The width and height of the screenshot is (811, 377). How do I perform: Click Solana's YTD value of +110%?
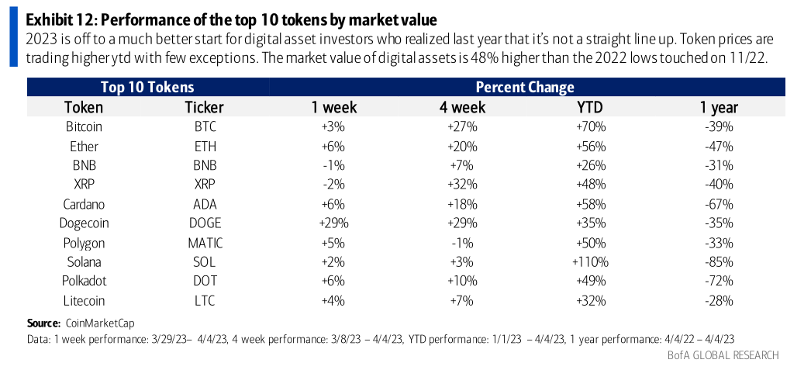coord(590,262)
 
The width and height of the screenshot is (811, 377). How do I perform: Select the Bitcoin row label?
coord(84,126)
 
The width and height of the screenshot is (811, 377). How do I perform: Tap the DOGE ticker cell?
coord(205,223)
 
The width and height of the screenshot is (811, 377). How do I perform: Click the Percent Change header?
coord(525,87)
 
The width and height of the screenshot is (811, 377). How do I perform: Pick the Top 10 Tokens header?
coord(147,87)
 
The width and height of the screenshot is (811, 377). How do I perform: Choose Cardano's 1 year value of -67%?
coord(718,204)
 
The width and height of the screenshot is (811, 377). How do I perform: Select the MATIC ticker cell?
coord(205,243)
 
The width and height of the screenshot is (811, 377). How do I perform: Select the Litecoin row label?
coord(84,301)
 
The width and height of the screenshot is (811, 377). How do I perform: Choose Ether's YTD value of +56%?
coord(590,146)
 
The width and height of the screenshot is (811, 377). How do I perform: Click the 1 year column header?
coord(718,107)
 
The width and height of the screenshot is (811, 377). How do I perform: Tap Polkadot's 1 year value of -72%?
coord(718,282)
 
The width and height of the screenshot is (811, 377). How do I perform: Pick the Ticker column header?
coord(205,107)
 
